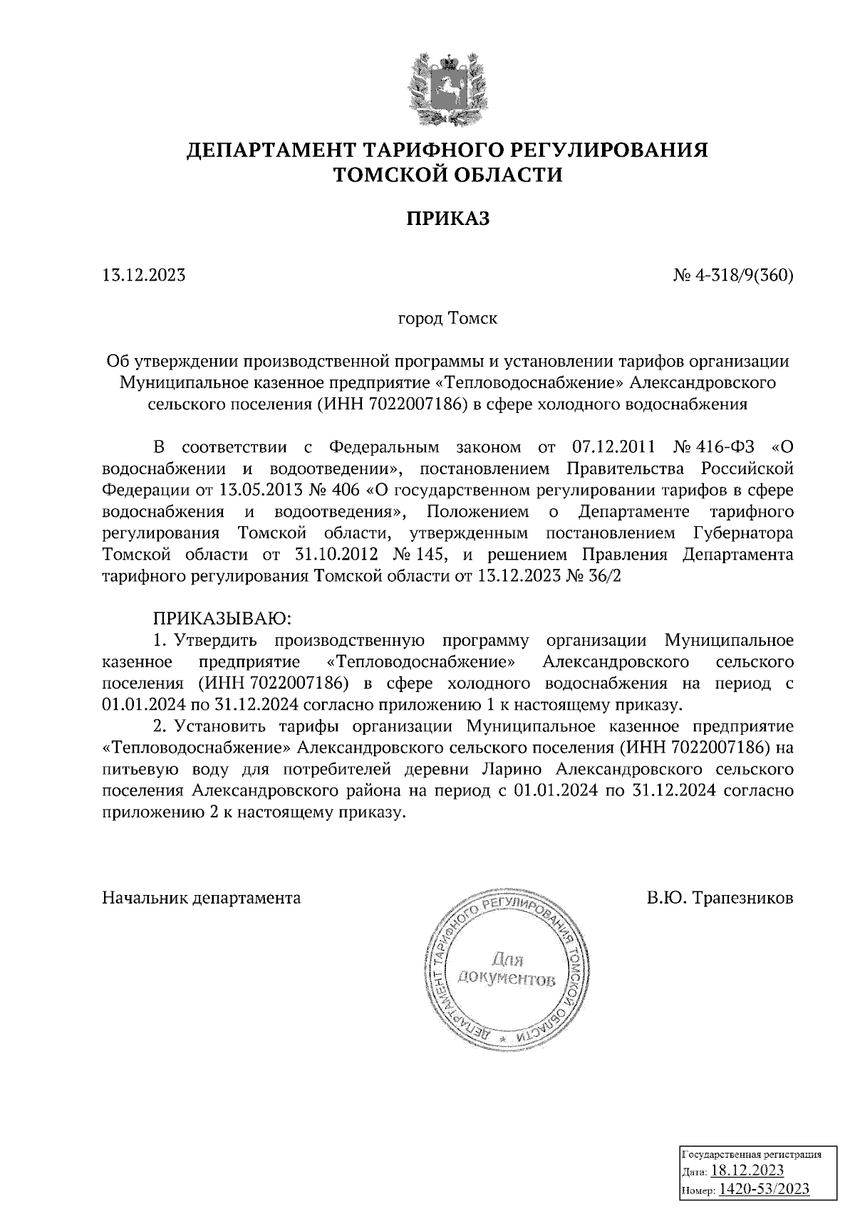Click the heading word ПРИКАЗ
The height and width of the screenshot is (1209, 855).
[448, 219]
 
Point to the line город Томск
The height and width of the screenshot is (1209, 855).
[447, 318]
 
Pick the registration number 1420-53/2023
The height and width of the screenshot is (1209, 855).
[764, 1189]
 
